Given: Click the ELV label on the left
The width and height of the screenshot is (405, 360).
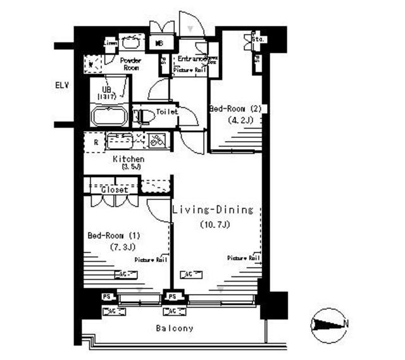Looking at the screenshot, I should tap(62, 85).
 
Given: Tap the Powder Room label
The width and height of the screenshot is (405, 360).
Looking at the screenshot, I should tap(130, 63).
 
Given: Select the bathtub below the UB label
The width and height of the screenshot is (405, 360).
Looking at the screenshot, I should tap(109, 117).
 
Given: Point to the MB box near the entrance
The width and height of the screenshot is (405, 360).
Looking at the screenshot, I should tap(161, 44).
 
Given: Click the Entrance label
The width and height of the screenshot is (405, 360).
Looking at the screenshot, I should tap(192, 59).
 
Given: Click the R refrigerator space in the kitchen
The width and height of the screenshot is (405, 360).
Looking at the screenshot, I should tap(95, 142).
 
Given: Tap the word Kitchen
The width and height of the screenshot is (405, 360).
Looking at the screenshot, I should tap(128, 159).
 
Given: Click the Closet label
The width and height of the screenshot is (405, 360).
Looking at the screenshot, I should tap(114, 189).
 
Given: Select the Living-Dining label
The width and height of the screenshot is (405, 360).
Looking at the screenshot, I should tap(213, 209).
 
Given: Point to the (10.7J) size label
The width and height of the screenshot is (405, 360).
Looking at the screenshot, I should tap(213, 225).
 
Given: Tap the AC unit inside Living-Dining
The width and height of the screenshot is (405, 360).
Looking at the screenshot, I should tap(187, 274).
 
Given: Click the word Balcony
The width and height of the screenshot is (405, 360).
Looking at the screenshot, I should tap(175, 328).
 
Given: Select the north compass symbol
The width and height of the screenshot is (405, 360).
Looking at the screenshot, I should tap(330, 324).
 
